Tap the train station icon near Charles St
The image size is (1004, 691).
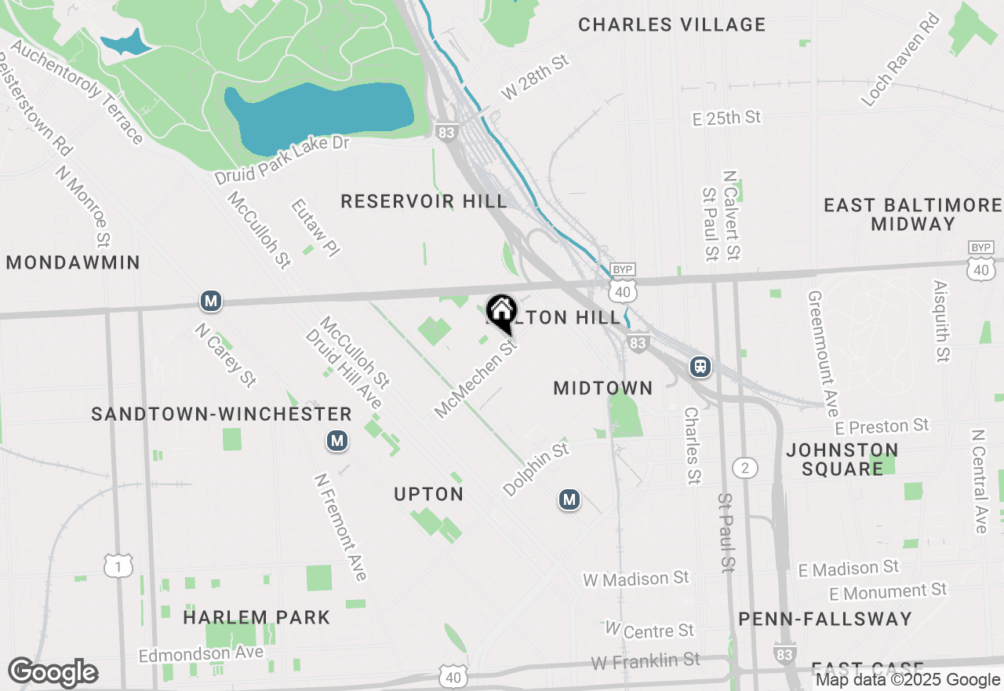[x=700, y=367]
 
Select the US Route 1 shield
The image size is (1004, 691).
[x=118, y=565]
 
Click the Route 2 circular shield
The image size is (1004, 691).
[x=745, y=469]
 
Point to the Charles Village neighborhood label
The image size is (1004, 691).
[x=671, y=24]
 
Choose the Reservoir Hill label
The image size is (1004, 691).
[x=424, y=202]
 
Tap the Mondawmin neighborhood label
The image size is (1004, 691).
[x=73, y=262]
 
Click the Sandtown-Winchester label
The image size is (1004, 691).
[x=221, y=414]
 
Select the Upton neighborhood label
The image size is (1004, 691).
[x=428, y=494]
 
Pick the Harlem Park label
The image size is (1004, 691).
[x=256, y=618]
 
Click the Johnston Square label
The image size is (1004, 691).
[x=842, y=459]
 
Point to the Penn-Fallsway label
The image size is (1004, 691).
[x=825, y=619]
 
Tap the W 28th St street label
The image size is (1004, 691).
[x=535, y=77]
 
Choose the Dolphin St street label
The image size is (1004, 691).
[x=536, y=470]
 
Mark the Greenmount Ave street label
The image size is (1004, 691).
[x=823, y=354]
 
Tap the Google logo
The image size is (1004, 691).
[x=53, y=672]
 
